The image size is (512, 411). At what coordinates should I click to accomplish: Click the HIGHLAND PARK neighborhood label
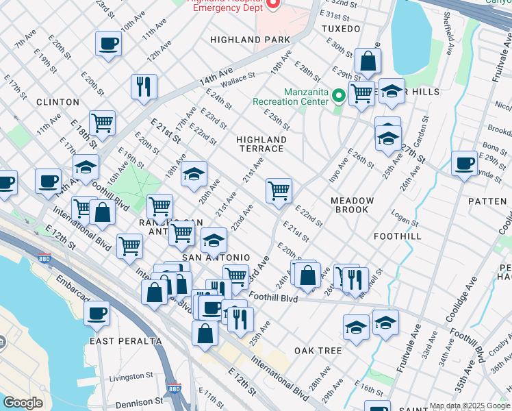pos(251,40)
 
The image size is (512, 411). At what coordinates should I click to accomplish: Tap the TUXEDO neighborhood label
pos(340,29)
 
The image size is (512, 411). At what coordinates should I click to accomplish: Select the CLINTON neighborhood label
pos(57,102)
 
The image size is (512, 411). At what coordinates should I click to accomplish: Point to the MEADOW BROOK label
pos(353,205)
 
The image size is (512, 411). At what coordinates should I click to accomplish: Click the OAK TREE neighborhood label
pos(318,351)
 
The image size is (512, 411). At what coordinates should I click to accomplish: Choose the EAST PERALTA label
pos(125,341)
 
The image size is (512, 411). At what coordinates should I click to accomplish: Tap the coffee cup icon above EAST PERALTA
pos(97,314)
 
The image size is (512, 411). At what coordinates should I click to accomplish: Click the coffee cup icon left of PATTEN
pos(464,163)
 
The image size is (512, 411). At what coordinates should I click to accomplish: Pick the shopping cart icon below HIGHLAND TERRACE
pos(279,190)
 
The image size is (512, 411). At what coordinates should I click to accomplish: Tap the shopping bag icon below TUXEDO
pos(368,61)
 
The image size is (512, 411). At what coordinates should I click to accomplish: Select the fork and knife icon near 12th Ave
pos(144,86)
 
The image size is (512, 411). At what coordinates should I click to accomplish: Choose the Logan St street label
pos(405,220)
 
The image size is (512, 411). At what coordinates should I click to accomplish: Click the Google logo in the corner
pos(23,403)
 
